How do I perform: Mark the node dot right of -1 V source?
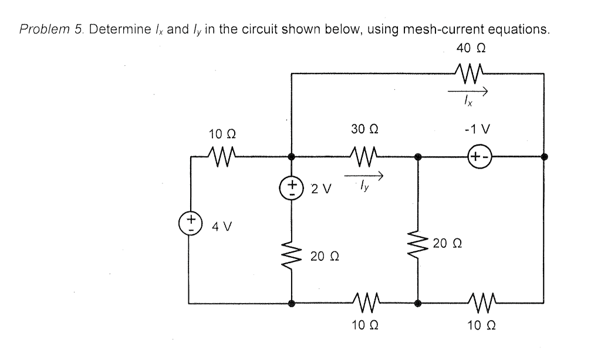click(545, 157)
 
